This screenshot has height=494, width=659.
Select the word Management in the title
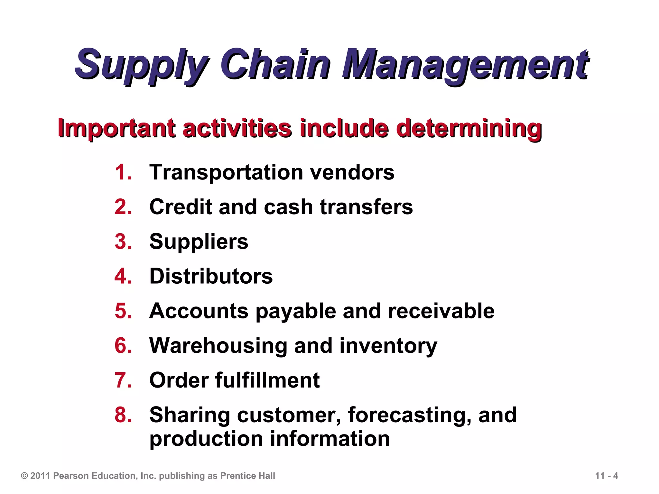pos(465,64)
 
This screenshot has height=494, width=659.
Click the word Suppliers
pos(199,242)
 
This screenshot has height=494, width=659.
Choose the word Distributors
pos(211,276)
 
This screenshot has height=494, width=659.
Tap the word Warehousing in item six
pos(218,346)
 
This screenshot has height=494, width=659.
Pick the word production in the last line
pos(206,439)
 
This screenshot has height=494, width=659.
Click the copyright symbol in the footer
pos(24,476)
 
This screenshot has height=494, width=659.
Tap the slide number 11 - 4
pos(607,476)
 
